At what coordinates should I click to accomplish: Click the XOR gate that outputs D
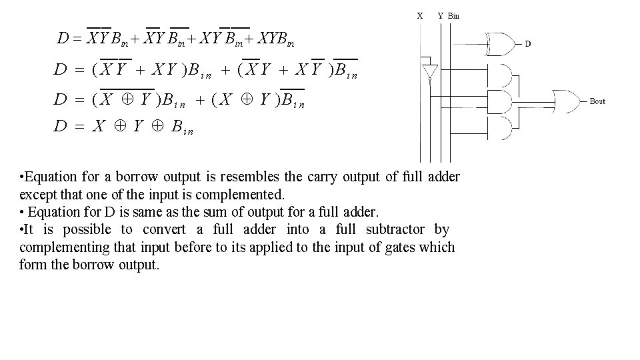pos(501,44)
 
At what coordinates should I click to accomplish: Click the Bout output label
pos(597,101)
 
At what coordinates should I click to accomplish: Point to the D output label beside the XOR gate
pos(528,44)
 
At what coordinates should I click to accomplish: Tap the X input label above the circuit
pos(419,15)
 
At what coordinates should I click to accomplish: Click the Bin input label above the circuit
pos(453,15)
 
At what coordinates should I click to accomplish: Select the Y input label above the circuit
pos(440,15)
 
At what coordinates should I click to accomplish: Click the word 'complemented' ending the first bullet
pos(247,195)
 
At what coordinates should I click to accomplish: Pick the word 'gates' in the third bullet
pos(395,247)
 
